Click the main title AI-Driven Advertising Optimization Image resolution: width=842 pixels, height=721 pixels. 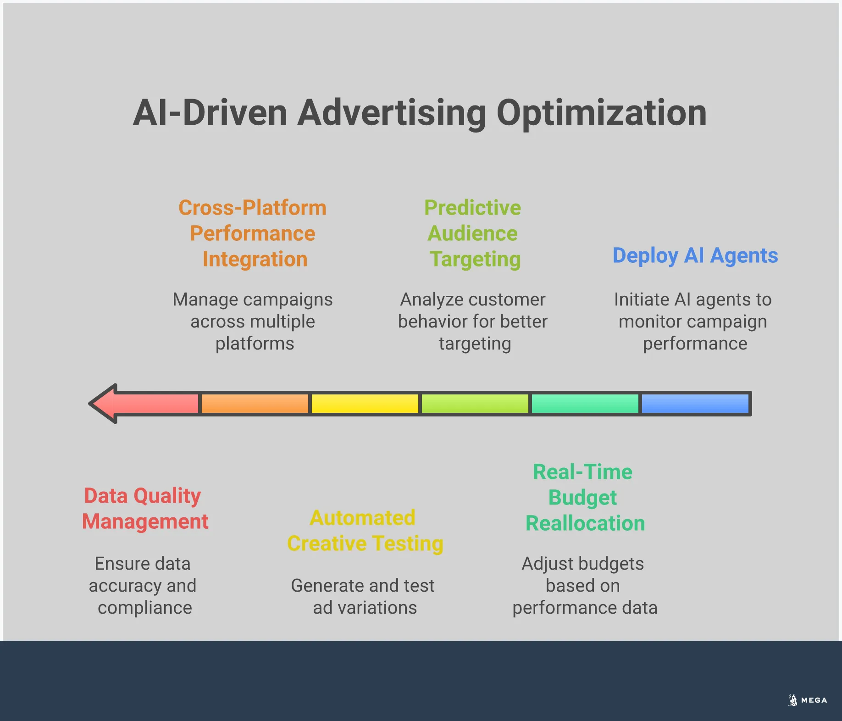tap(420, 113)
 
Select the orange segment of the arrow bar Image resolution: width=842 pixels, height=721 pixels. tap(255, 404)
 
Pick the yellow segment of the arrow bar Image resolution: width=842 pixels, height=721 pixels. tap(365, 404)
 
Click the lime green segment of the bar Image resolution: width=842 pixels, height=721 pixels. tap(475, 404)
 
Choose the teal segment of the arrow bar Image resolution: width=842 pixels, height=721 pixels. tap(585, 404)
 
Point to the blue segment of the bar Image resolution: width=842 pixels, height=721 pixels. tap(695, 404)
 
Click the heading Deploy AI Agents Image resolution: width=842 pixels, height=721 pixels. tap(695, 255)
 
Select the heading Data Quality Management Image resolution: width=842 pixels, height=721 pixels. tap(144, 509)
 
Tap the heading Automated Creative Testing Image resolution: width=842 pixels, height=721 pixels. tap(365, 531)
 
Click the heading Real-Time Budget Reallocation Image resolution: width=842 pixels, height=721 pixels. tap(585, 498)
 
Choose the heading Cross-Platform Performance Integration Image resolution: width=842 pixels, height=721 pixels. tap(253, 233)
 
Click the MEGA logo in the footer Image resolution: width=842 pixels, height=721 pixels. tap(808, 700)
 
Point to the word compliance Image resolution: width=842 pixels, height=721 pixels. tap(145, 608)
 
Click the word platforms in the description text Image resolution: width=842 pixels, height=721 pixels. tap(255, 344)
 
